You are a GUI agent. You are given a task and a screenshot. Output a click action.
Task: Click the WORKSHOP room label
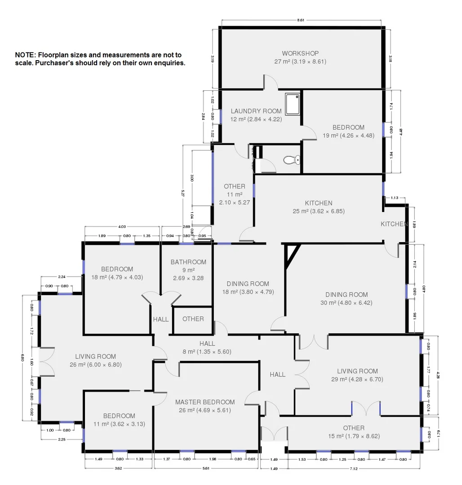click(x=300, y=53)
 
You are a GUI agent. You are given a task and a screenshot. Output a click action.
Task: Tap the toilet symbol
click(x=291, y=159)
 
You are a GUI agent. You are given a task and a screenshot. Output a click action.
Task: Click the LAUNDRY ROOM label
click(x=256, y=111)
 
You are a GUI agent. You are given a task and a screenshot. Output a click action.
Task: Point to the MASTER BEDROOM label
click(x=205, y=402)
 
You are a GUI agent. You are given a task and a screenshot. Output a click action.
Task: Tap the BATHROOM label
click(x=188, y=262)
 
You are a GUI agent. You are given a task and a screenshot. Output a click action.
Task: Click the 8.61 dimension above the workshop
click(x=301, y=20)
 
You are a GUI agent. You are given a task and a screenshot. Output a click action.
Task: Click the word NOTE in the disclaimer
click(x=25, y=55)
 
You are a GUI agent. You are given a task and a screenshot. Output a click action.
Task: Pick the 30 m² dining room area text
click(x=346, y=303)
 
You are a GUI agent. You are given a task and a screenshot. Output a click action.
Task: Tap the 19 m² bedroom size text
click(x=348, y=135)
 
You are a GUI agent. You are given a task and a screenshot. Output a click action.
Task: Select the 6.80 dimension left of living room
click(x=23, y=357)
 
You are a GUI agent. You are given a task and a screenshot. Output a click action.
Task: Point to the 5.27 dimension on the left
click(x=183, y=193)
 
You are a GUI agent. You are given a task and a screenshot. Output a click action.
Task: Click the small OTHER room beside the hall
click(x=193, y=319)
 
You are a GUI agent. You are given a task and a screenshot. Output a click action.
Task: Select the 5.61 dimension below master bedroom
click(x=206, y=468)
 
